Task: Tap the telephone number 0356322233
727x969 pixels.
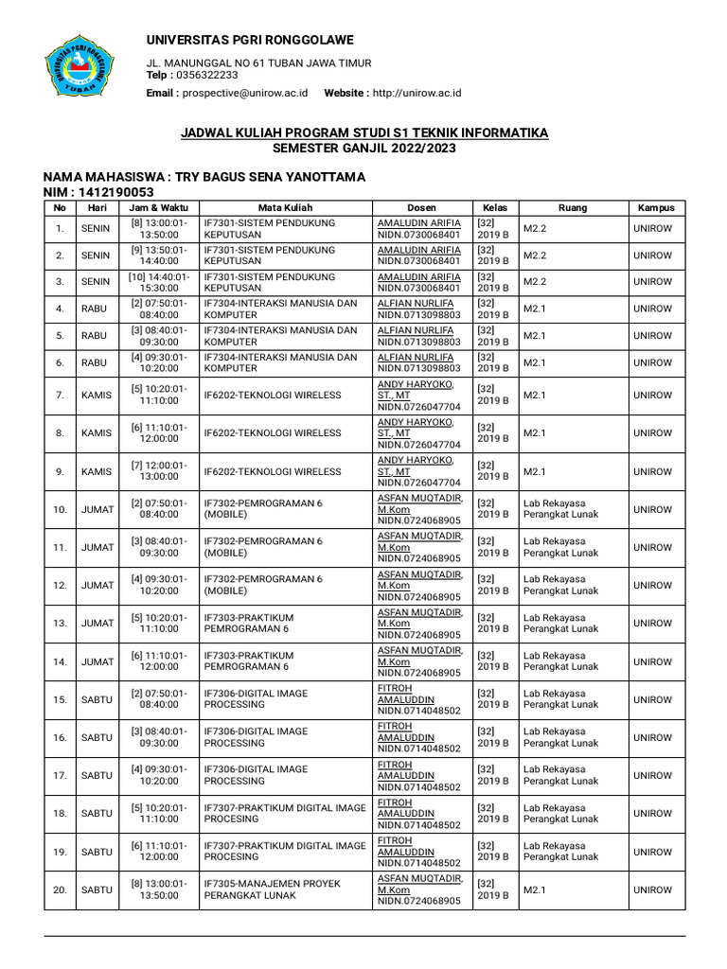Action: coord(207,75)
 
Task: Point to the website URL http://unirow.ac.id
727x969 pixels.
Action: coord(417,93)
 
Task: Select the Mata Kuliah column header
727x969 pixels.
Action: coord(286,207)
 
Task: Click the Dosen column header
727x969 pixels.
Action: coord(422,207)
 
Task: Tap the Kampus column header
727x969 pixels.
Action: coord(655,207)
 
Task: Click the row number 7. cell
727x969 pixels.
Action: coord(60,395)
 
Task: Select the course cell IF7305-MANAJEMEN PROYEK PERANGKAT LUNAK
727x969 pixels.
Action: coord(286,890)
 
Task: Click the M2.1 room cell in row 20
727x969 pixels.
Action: coord(536,890)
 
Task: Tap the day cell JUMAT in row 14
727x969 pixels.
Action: coord(98,661)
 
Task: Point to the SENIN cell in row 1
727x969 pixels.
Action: coord(98,228)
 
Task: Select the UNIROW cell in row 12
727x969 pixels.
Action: coord(653,585)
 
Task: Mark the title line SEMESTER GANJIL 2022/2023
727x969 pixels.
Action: coord(364,149)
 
